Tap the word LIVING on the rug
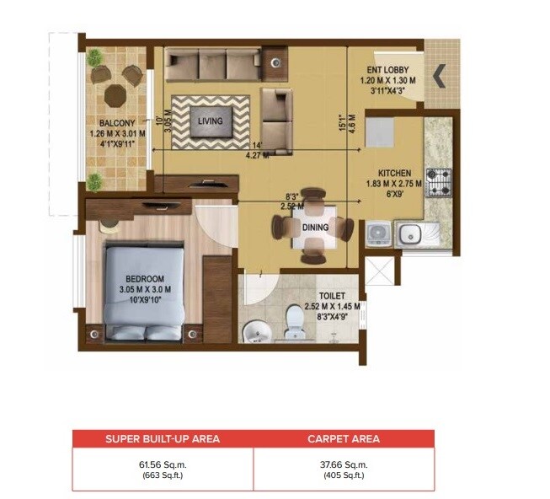pos(210,121)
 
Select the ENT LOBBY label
pos(386,70)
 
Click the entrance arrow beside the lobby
pos(439,77)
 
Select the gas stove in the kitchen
pos(438,181)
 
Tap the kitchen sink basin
pos(410,234)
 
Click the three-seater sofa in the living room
pos(211,64)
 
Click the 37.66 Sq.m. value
pos(344,462)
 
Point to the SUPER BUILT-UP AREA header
pos(162,438)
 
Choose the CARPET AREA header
pos(344,438)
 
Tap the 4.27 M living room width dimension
pos(257,154)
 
